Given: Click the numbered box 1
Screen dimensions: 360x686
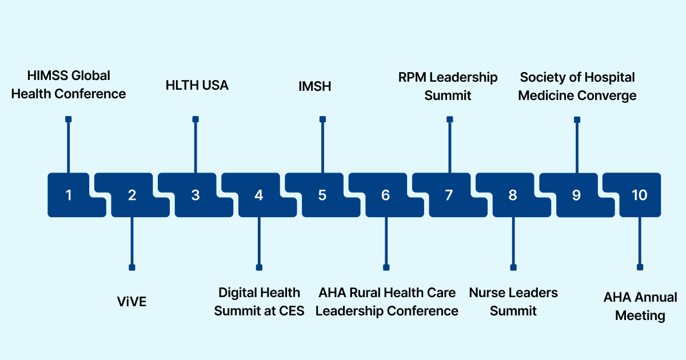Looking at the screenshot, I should tap(69, 195).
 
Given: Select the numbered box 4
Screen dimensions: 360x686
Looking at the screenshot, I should tap(259, 195).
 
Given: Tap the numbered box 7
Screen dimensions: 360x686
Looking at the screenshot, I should tap(449, 195).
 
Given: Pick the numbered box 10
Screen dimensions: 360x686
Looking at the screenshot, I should tap(639, 195).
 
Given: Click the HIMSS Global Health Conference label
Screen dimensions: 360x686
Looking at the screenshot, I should tap(69, 85).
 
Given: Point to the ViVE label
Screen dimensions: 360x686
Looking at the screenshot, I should tap(131, 301).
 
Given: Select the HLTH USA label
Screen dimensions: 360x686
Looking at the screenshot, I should tap(197, 85).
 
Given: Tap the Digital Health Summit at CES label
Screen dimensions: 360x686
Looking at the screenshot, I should tap(260, 302).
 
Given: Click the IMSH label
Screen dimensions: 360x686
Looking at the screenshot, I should tap(315, 86).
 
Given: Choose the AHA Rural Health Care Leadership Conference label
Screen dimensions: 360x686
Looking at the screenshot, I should tap(387, 302).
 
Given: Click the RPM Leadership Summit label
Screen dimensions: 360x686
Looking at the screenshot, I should tap(448, 86).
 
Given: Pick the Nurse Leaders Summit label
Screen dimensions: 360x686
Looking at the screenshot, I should tap(513, 302).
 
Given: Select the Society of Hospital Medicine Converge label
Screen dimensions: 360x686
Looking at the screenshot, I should tap(577, 86).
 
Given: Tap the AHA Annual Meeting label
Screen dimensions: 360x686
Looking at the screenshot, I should tap(640, 306).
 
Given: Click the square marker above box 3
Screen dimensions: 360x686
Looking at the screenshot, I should tap(196, 119).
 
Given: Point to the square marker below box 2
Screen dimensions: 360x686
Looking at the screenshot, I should tap(132, 267).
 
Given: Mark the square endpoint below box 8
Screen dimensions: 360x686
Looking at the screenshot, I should tap(513, 267).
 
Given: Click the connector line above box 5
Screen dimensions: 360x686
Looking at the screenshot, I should tap(322, 146).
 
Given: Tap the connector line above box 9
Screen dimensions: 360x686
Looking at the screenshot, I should tap(577, 146).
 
